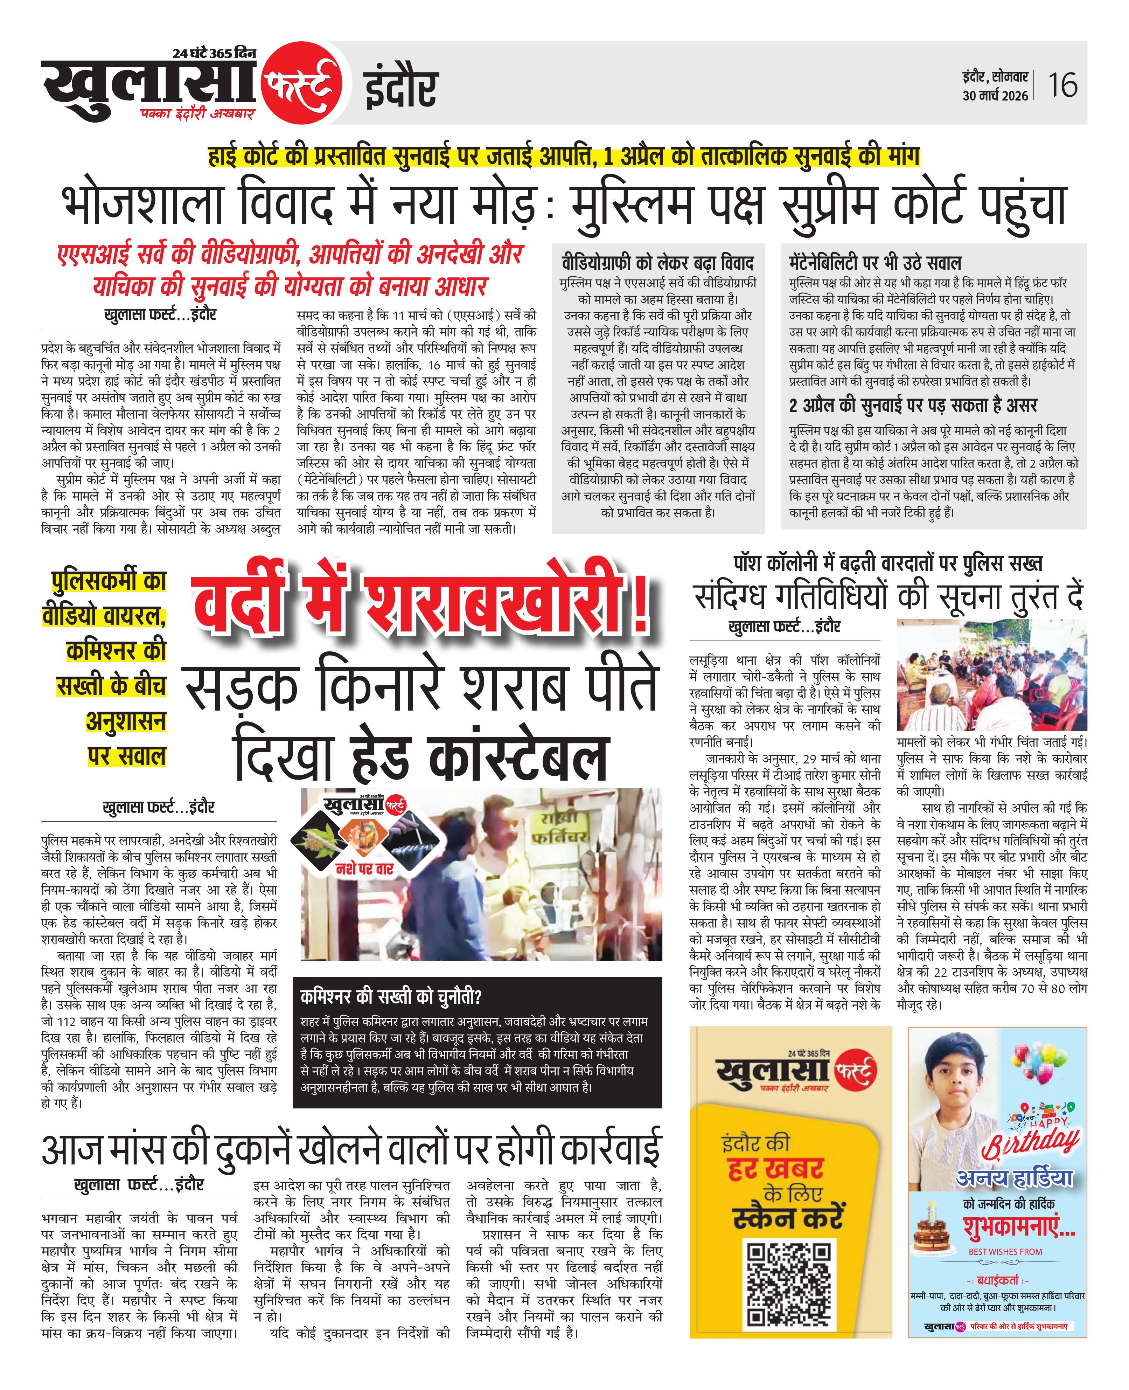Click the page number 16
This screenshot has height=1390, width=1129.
point(1062,85)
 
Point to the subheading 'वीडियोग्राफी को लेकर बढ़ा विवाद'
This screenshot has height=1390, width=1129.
point(657,263)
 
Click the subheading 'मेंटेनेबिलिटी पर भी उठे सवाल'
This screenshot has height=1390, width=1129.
point(875,263)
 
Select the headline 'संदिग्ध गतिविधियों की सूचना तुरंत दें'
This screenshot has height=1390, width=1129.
point(888,596)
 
